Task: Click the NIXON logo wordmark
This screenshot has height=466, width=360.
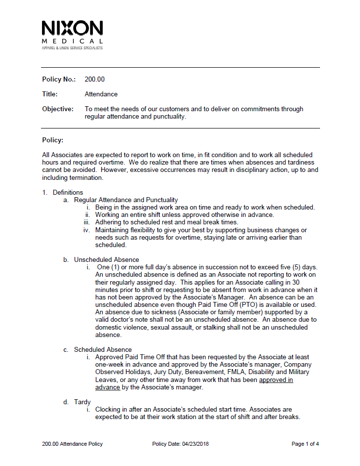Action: tap(73, 28)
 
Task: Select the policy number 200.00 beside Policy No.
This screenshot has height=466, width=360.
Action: tap(95, 79)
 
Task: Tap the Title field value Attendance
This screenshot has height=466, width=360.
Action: tap(101, 94)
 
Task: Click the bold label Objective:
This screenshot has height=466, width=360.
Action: tap(58, 109)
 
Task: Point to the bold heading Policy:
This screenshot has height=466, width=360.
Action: tap(53, 140)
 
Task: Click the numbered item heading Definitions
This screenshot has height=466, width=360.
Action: tap(68, 192)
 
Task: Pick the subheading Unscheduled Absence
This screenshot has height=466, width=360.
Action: tap(107, 259)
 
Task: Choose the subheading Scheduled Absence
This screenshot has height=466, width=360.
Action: tap(103, 349)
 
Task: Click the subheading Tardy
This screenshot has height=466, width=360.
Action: tap(82, 402)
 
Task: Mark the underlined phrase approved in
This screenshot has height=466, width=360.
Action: tap(276, 380)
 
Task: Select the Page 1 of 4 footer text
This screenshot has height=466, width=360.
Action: tap(305, 444)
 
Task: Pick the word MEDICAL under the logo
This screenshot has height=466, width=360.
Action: tap(73, 41)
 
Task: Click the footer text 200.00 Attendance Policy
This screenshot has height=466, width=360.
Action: tap(73, 444)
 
